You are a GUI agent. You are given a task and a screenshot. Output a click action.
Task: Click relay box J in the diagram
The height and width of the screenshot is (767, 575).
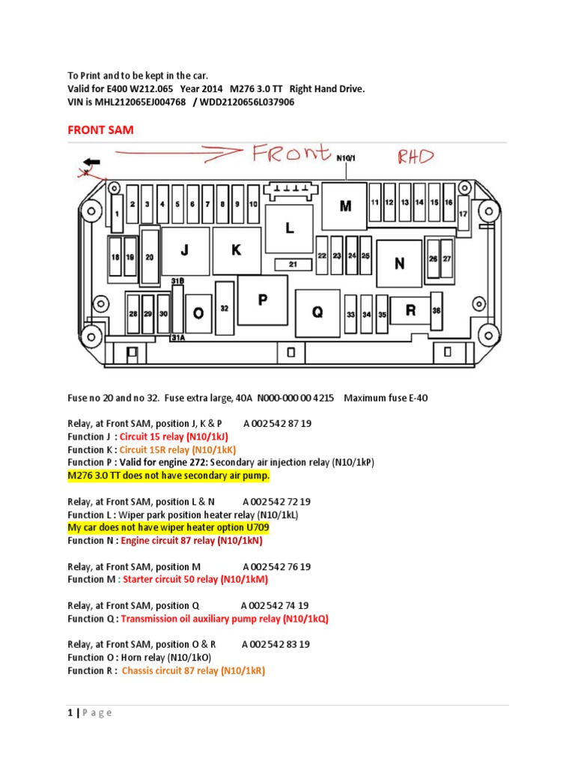(184, 252)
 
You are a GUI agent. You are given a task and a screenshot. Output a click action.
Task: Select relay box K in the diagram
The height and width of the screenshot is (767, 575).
(236, 251)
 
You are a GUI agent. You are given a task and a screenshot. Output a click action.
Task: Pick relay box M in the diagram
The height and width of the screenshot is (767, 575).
(345, 206)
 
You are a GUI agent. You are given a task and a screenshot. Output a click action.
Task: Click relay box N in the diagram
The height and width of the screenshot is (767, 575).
(399, 263)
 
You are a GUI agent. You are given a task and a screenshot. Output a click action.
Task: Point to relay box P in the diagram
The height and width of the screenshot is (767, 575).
(263, 300)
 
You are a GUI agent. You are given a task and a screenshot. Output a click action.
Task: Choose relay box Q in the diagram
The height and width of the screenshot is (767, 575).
(317, 313)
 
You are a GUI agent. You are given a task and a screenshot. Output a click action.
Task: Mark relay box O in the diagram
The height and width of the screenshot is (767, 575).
(198, 314)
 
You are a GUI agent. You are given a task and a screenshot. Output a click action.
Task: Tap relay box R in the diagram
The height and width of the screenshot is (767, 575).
(410, 310)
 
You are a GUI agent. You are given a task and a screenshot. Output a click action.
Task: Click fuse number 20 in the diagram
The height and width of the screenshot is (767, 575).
(150, 257)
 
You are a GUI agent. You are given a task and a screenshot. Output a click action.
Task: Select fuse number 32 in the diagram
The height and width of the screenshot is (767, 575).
(225, 307)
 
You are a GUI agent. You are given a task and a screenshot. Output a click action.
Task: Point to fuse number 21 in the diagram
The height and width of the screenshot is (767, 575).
(293, 264)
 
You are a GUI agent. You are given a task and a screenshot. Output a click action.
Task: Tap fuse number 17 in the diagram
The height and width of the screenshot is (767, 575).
(463, 213)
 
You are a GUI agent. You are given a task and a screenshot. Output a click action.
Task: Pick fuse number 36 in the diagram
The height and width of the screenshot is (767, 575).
(436, 310)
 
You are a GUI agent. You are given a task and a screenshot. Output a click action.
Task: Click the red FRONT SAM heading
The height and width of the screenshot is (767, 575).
(100, 130)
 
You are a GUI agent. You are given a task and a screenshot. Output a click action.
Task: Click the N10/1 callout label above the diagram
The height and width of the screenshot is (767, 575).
(346, 158)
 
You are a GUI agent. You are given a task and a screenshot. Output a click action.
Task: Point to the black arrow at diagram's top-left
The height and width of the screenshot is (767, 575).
(94, 162)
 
